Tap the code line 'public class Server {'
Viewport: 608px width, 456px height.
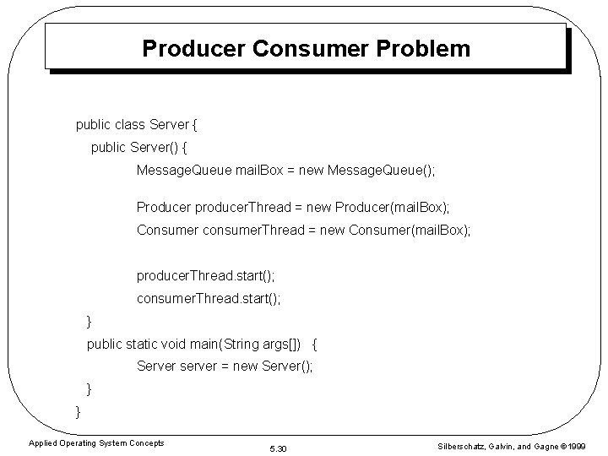click(x=136, y=125)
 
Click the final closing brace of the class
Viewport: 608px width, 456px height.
click(x=78, y=411)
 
